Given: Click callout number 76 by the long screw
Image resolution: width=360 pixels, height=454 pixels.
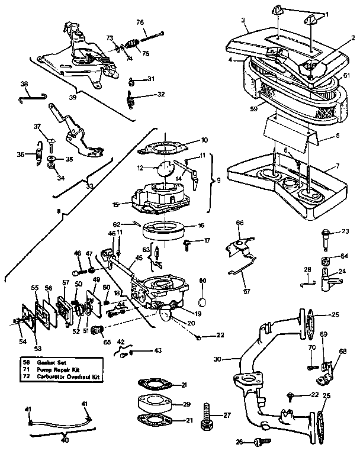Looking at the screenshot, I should pos(140,22).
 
